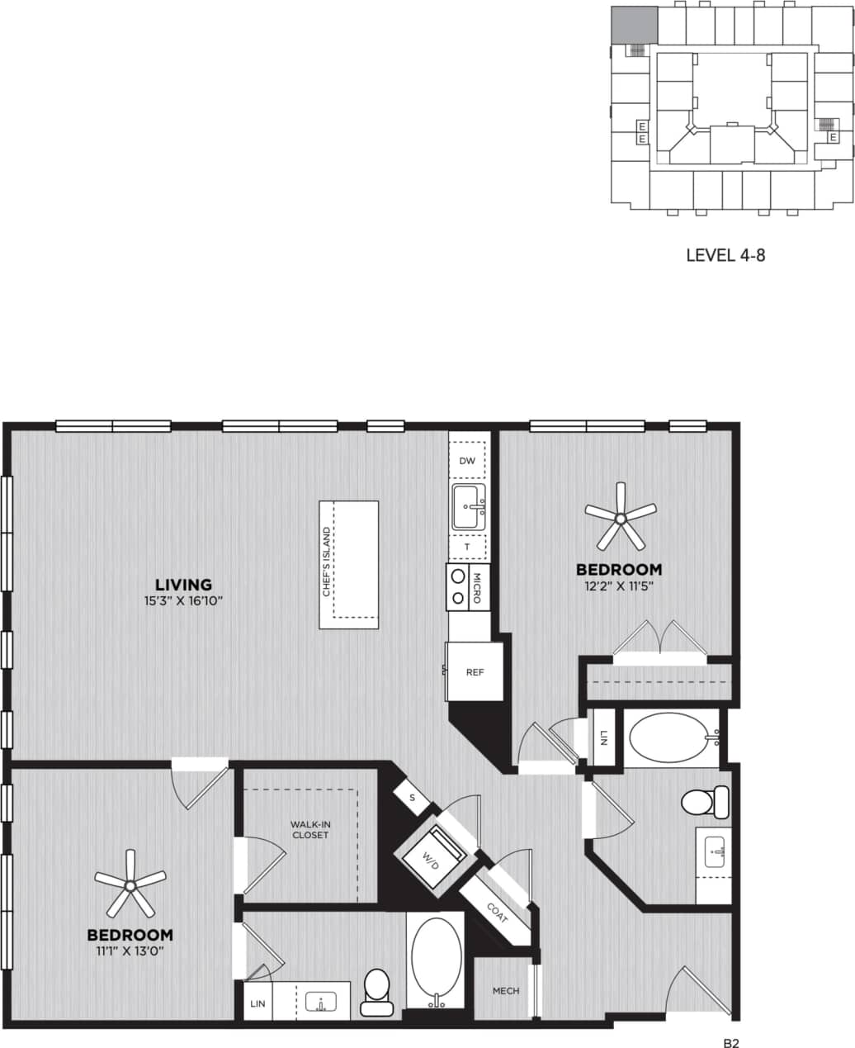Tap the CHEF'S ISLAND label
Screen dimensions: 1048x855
(x=328, y=562)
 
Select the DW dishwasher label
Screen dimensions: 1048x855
(x=467, y=461)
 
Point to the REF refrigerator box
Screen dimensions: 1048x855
(x=475, y=672)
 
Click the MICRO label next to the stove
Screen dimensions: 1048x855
(x=477, y=586)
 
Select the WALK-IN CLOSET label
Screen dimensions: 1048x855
(x=309, y=829)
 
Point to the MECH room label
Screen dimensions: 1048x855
(x=506, y=990)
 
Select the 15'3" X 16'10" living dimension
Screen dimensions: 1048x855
(x=183, y=600)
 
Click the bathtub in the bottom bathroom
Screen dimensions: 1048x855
(x=434, y=959)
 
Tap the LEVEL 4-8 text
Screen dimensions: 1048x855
(x=725, y=255)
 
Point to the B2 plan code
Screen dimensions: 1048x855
(x=730, y=1043)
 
